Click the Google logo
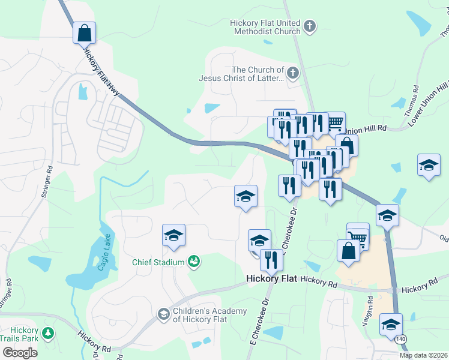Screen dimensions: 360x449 tap(20, 353)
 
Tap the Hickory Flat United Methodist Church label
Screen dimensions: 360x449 tap(264, 27)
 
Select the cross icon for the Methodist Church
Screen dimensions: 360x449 tap(309, 26)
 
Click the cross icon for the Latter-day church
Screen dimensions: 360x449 tap(292, 74)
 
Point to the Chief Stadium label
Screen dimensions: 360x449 tap(158, 262)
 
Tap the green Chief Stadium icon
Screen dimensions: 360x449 tap(194, 260)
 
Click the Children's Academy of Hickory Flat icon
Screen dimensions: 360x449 tap(163, 314)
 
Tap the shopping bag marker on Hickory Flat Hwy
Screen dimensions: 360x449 tap(85, 32)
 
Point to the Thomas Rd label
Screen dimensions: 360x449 tap(415, 96)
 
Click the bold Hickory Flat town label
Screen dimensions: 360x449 tap(273, 280)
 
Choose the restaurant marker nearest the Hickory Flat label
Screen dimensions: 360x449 tap(271, 260)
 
